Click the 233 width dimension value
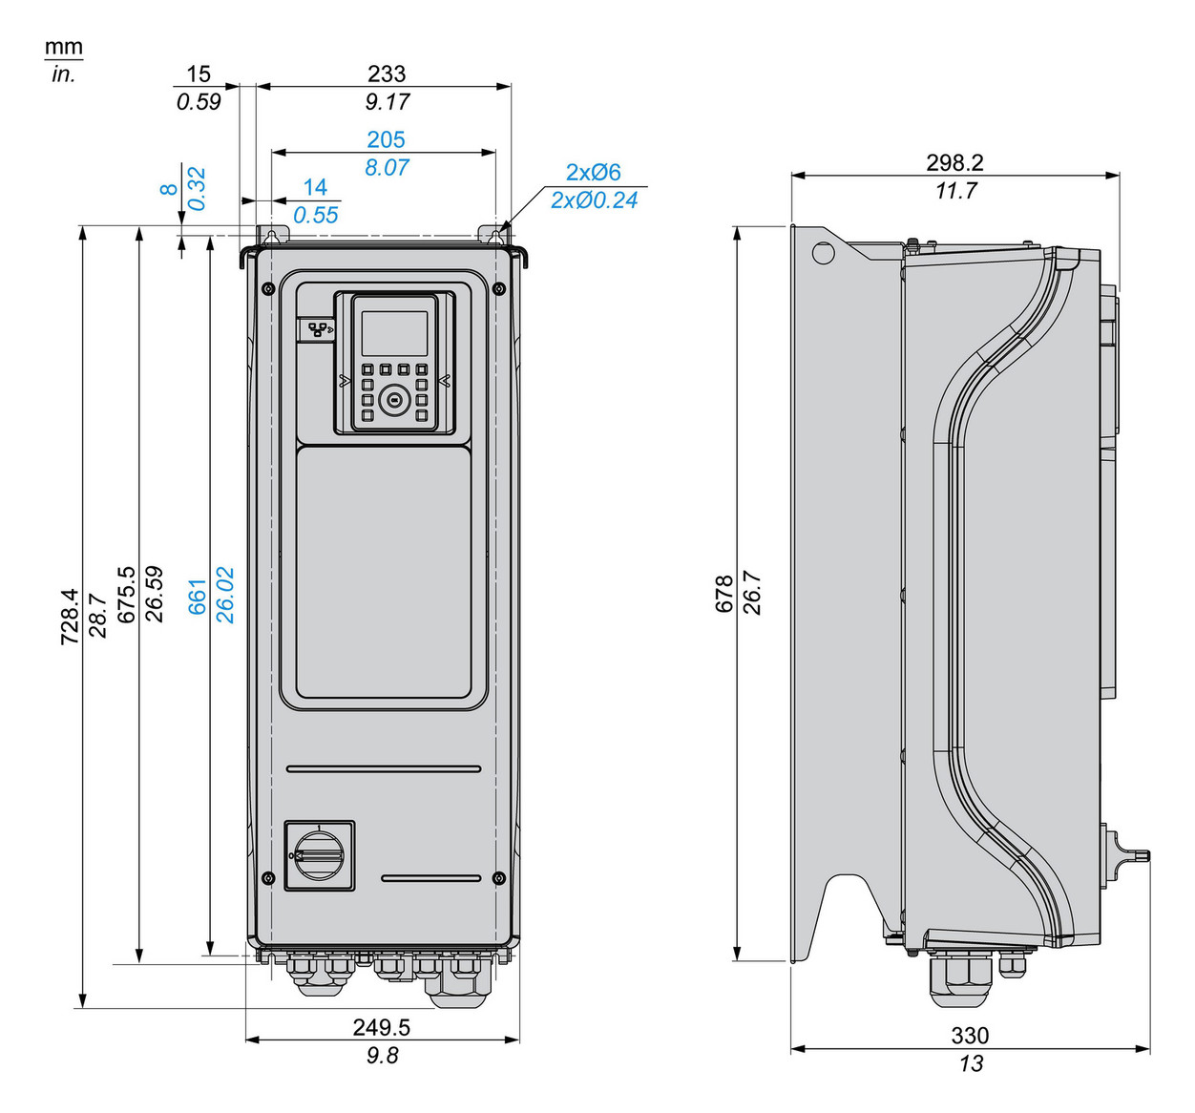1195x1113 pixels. tap(387, 73)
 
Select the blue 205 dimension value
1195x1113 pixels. tap(386, 139)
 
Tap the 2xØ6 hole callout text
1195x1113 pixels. tap(593, 172)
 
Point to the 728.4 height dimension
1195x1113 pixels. tap(71, 616)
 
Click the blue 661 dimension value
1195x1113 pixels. tap(198, 596)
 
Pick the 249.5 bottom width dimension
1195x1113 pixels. tap(381, 1027)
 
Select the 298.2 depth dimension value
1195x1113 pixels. tap(954, 162)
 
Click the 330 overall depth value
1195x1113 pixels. tap(970, 1036)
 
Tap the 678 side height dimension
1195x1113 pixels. tap(724, 594)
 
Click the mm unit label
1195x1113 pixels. tap(64, 47)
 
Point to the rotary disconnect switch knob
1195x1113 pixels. tap(319, 855)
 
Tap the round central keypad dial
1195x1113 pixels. tap(393, 401)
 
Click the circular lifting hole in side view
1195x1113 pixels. tap(822, 253)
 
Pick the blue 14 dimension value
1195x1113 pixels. tap(315, 187)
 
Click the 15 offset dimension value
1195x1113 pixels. tap(198, 73)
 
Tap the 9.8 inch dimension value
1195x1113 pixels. tap(382, 1055)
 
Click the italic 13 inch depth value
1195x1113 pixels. tap(970, 1063)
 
